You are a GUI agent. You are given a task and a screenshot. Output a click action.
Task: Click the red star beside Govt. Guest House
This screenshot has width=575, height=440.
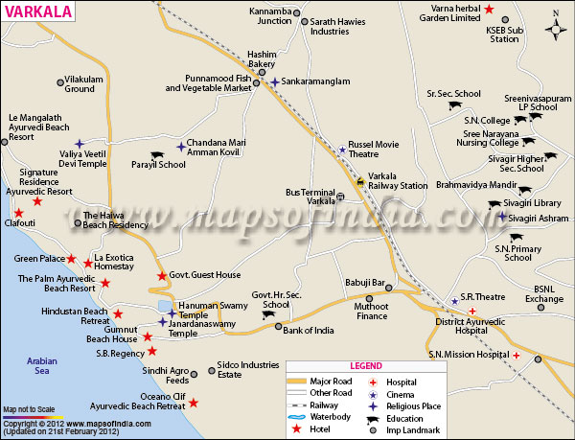(x=162, y=276)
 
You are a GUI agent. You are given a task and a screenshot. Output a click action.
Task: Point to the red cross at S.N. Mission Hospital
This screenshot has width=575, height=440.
(x=517, y=356)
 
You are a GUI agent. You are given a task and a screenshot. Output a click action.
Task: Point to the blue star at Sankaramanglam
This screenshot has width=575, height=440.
(x=275, y=81)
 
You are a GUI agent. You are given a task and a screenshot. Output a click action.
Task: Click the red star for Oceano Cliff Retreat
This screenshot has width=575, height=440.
(x=194, y=404)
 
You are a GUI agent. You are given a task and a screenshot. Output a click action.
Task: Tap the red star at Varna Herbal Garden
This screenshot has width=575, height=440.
(x=489, y=10)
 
